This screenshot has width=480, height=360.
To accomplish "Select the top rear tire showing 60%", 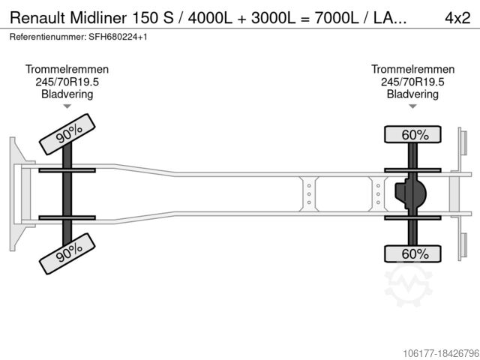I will pos(414,135).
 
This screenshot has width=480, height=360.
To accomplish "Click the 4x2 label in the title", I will pos(457,17).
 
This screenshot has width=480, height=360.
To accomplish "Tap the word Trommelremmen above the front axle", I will pos(67,70).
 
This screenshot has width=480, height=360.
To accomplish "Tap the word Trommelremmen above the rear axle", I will pos(412,70).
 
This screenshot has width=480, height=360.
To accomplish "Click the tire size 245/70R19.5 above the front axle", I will pos(67,82).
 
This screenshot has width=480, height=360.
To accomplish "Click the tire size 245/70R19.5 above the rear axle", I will pos(412,82).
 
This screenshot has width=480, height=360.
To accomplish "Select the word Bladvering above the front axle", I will pos(67,94).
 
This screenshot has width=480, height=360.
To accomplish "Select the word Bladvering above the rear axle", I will pos(412,94).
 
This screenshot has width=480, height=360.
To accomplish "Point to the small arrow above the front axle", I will pos(67,107).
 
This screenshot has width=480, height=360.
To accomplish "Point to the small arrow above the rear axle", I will pos(412,107).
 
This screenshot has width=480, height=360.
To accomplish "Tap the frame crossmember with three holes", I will pos(308,193).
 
